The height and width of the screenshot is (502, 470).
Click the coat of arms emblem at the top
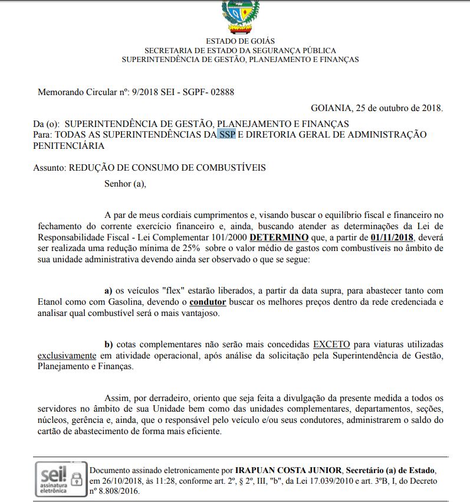click(240, 15)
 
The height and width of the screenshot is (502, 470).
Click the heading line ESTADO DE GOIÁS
click(240, 41)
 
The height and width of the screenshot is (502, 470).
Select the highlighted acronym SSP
click(227, 135)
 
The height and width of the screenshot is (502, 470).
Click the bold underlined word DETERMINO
click(279, 237)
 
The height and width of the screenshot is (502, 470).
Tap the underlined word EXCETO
click(331, 344)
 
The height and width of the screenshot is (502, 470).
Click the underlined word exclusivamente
click(67, 356)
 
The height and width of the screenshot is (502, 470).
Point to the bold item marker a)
click(109, 291)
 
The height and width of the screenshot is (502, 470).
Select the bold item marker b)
click(109, 344)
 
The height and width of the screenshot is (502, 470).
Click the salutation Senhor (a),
click(125, 183)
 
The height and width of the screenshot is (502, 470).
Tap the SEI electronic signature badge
click(61, 479)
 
